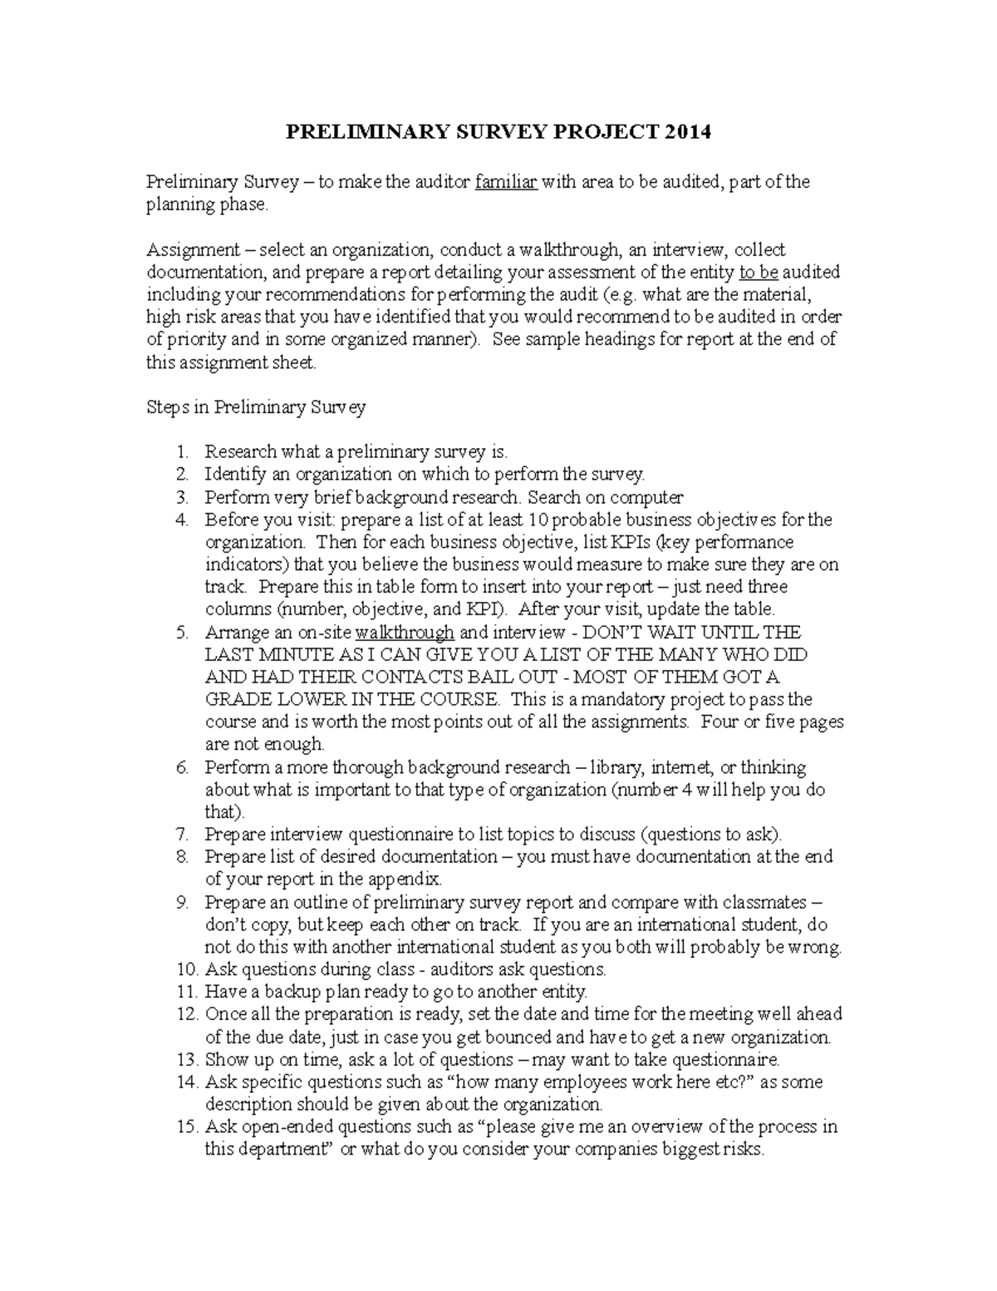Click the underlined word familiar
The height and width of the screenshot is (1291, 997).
pos(506,182)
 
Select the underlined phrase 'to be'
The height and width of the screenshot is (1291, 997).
pos(758,272)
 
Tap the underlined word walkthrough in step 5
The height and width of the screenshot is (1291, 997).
pos(404,632)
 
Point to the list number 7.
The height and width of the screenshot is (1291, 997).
pos(183,834)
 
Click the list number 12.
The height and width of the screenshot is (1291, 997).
pos(186,1014)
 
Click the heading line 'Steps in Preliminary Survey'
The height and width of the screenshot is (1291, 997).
pos(256,407)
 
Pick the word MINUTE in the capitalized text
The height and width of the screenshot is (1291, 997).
pos(284,654)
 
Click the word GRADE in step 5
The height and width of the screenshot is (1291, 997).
pos(234,699)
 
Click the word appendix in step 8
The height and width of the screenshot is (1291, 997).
pos(402,879)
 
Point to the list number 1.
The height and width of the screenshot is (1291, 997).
pos(183,452)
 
